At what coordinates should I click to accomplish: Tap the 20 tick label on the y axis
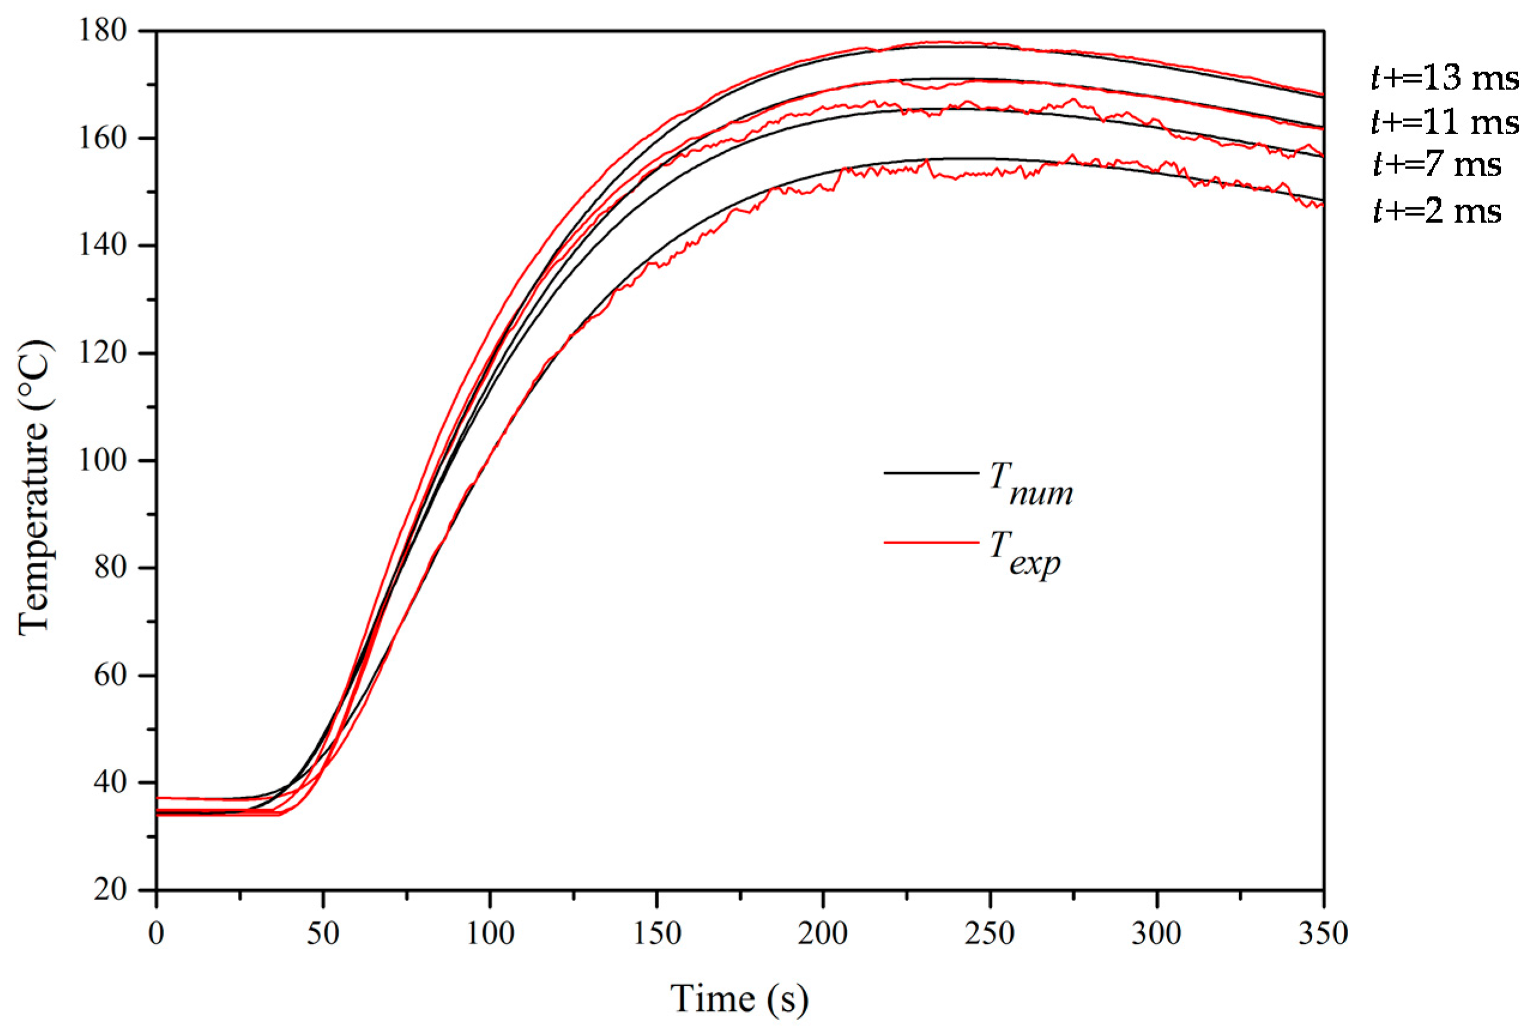[x=110, y=890]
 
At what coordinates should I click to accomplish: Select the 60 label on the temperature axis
[x=110, y=676]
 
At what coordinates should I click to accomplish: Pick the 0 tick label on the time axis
[x=156, y=934]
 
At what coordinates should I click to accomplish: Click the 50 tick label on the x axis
[x=323, y=934]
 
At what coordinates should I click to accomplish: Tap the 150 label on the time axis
[x=657, y=934]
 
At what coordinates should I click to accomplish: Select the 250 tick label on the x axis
[x=990, y=934]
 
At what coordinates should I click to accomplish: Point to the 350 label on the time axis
[x=1323, y=934]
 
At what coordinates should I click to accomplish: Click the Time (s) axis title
[x=739, y=998]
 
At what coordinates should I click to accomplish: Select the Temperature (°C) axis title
[x=34, y=488]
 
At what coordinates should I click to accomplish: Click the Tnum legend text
[x=1031, y=484]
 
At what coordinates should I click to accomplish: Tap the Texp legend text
[x=1026, y=553]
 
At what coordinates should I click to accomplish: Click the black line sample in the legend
[x=931, y=473]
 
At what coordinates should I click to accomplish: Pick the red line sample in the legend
[x=931, y=542]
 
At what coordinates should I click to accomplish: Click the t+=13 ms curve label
[x=1444, y=78]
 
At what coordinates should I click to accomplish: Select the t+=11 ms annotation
[x=1444, y=122]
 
